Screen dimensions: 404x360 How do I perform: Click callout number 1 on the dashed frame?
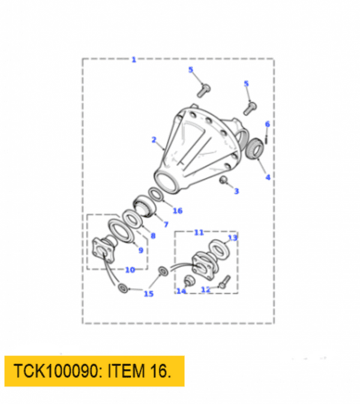coord(133,59)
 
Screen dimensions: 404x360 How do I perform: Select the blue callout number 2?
coord(154,140)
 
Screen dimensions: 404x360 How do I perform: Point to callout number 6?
coord(267,124)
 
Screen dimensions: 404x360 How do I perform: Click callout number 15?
coord(148,294)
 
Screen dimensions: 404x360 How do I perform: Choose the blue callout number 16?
coord(177,210)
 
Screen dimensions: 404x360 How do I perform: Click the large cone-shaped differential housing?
coord(198,147)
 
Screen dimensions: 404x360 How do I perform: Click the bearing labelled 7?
coord(146,207)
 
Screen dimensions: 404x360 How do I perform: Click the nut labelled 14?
coord(187,281)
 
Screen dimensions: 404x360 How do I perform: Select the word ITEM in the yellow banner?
coord(125,372)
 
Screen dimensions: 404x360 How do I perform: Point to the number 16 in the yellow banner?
coord(157,372)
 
